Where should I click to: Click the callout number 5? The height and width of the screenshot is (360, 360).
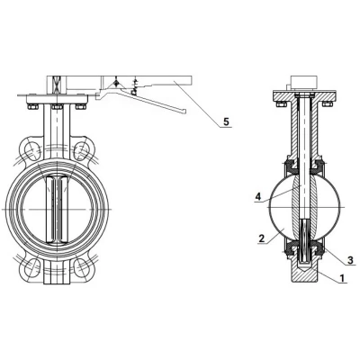click(x=226, y=121)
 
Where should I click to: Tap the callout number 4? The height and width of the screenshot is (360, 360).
click(x=257, y=196)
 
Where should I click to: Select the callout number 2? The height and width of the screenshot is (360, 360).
click(x=262, y=238)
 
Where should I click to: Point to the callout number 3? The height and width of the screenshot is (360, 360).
click(x=349, y=260)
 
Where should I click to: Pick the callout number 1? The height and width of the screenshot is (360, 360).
click(x=342, y=278)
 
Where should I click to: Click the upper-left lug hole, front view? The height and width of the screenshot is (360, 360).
click(x=32, y=148)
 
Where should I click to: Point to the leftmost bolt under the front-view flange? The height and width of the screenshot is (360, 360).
click(x=32, y=106)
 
